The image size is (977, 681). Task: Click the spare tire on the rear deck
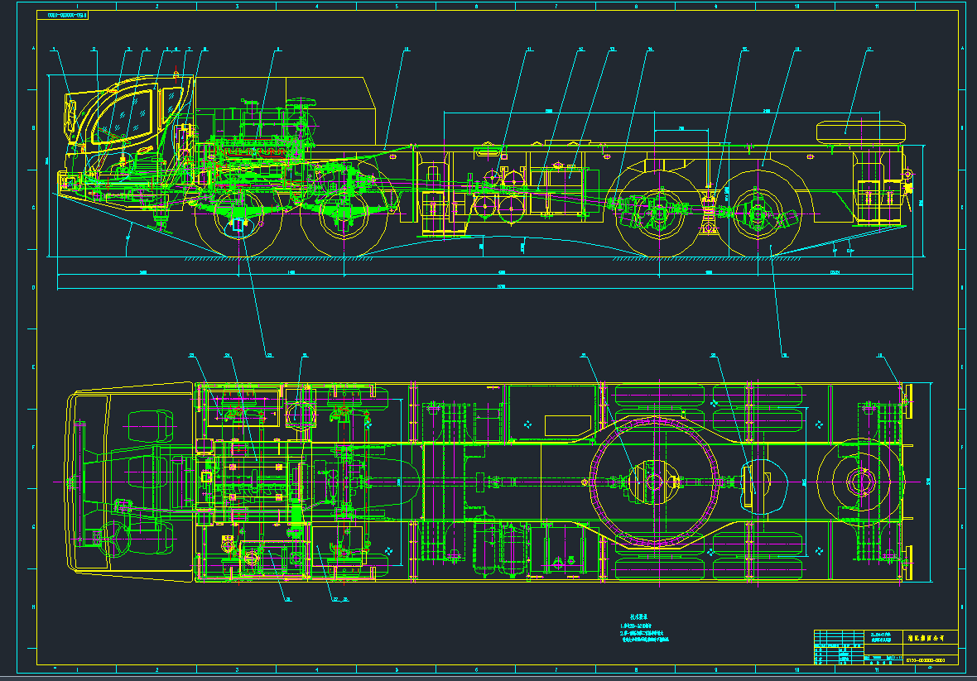pyautogui.click(x=860, y=130)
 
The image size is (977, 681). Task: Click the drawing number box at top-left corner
pyautogui.click(x=67, y=15)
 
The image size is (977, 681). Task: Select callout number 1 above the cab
pyautogui.click(x=55, y=50)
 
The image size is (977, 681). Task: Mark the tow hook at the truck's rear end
pyautogui.click(x=908, y=175)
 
